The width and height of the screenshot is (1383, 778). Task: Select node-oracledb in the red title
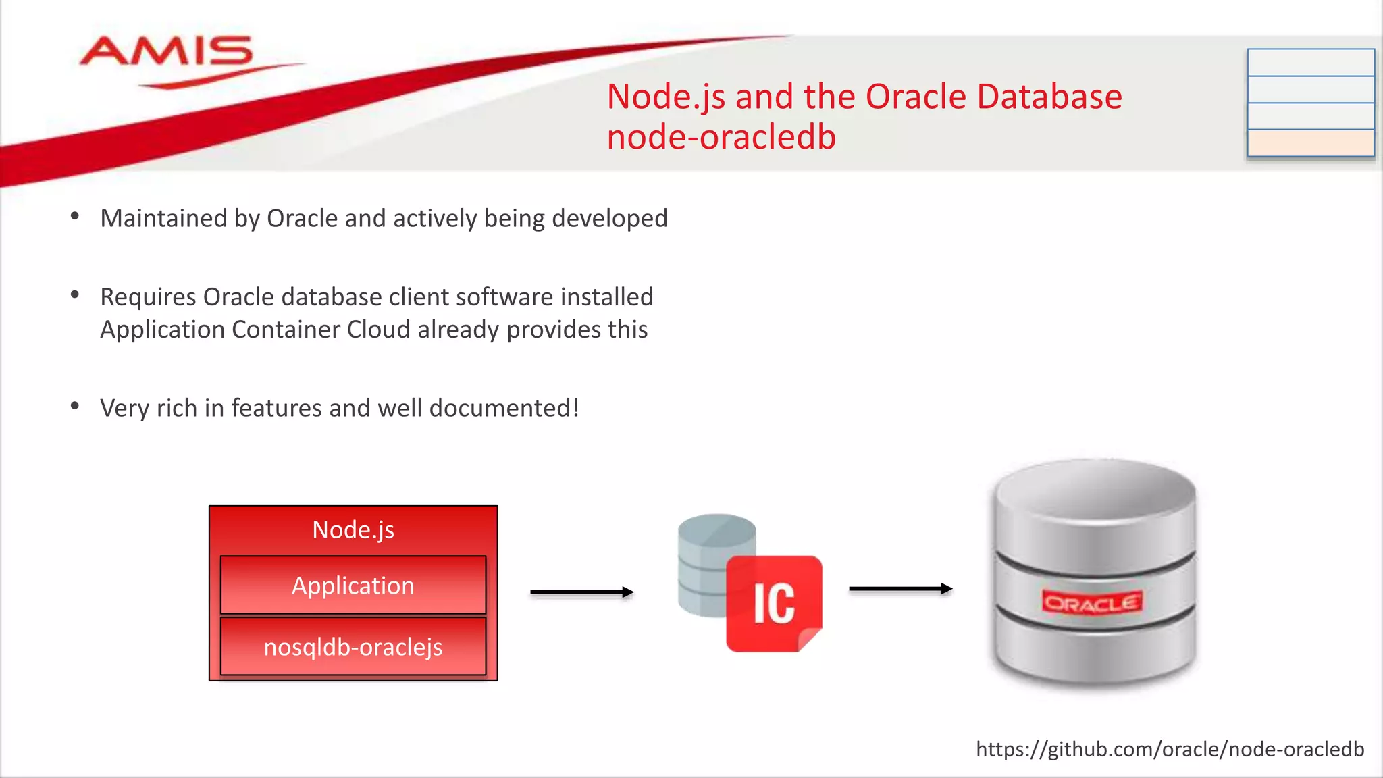721,137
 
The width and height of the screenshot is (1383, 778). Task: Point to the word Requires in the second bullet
149,297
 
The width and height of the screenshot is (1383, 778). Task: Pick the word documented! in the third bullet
504,408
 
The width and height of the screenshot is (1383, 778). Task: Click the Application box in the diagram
353,585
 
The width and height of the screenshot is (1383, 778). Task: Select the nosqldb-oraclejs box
353,646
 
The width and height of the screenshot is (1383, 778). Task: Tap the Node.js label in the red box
353,529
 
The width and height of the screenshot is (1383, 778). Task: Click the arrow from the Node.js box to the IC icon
581,592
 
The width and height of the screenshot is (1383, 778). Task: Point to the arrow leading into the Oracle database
900,589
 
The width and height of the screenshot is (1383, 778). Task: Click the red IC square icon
774,603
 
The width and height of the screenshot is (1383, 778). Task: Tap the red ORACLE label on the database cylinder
1092,602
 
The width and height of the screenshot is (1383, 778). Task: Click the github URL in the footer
1170,749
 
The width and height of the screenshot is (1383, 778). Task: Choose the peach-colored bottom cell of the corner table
1311,142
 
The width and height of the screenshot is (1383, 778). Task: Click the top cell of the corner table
1311,62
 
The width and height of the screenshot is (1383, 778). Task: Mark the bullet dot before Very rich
75,407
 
